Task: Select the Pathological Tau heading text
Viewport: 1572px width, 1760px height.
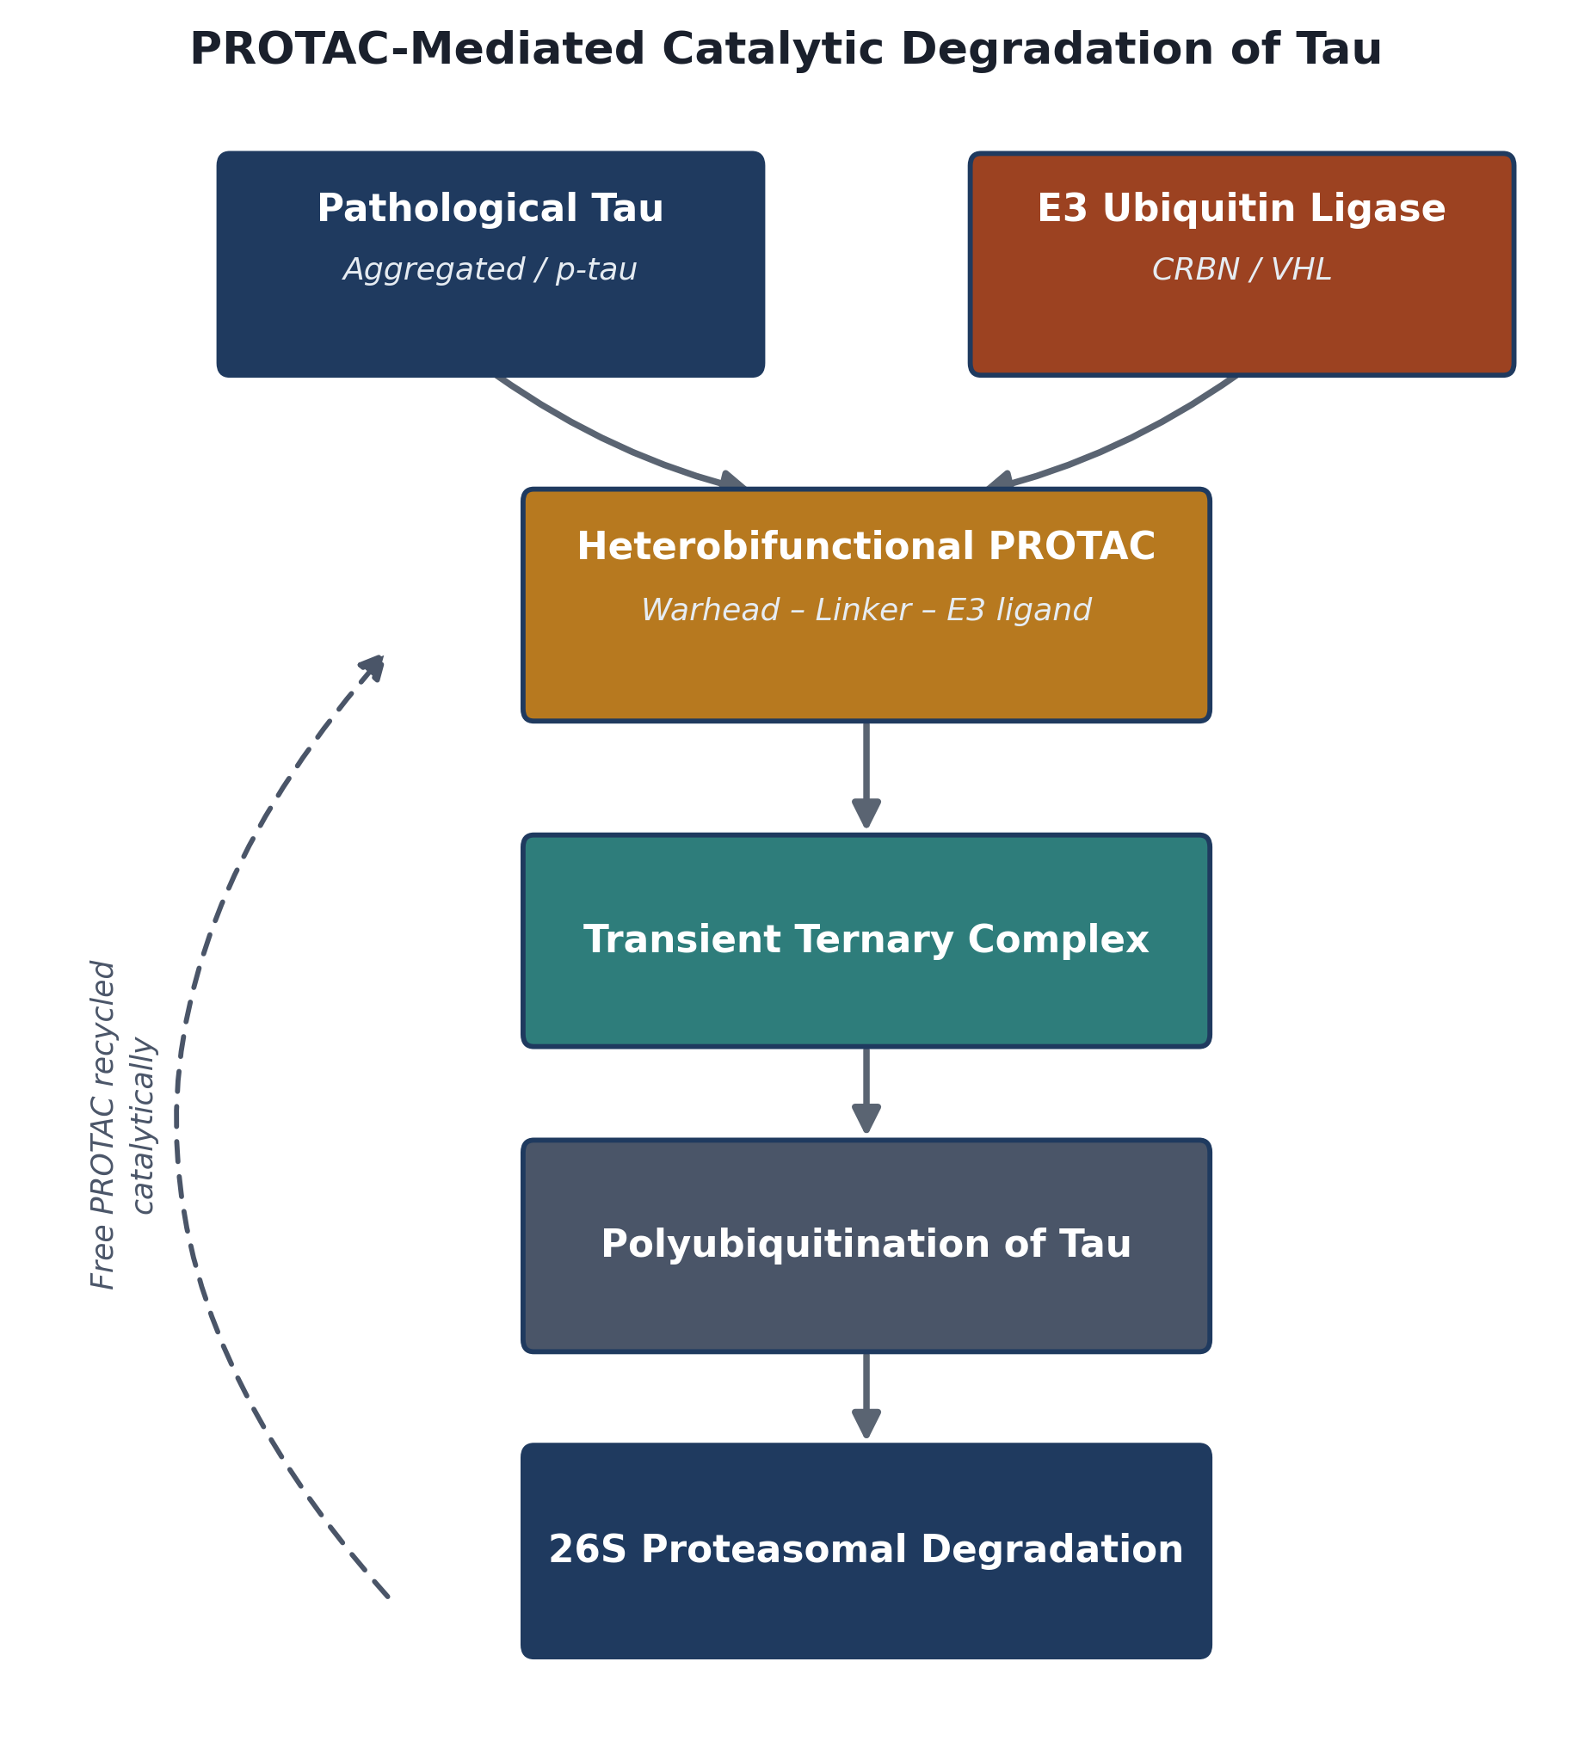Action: click(x=490, y=209)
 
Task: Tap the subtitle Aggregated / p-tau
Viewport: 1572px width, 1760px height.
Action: click(x=490, y=270)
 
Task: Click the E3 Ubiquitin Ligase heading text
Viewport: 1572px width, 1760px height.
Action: click(x=1242, y=209)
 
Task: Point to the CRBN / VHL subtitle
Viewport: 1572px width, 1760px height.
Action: click(x=1242, y=270)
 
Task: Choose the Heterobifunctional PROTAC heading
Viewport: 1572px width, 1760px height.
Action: click(x=866, y=546)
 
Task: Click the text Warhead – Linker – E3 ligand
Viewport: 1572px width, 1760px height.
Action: click(x=866, y=611)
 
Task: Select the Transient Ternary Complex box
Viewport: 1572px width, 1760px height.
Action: click(x=866, y=940)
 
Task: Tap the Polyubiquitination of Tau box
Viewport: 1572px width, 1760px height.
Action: click(x=866, y=1246)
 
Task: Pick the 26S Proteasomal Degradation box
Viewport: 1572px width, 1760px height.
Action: click(x=866, y=1551)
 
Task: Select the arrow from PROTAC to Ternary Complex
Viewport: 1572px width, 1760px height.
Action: click(x=866, y=775)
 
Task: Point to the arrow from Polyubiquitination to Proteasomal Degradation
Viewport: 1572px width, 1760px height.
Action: click(x=866, y=1395)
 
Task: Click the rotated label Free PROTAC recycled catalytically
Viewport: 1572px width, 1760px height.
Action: click(x=123, y=1124)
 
